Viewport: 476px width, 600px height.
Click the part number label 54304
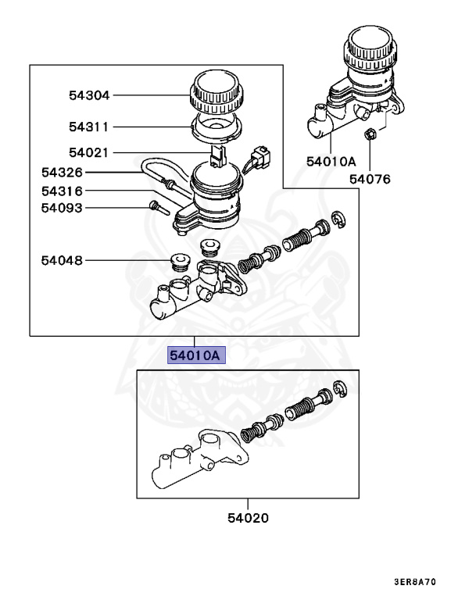pyautogui.click(x=88, y=95)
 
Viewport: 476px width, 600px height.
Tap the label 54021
pyautogui.click(x=88, y=153)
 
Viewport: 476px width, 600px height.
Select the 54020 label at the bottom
pyautogui.click(x=249, y=517)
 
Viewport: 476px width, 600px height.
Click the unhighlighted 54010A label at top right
pyautogui.click(x=331, y=162)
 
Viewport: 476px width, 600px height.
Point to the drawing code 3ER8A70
pyautogui.click(x=427, y=581)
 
